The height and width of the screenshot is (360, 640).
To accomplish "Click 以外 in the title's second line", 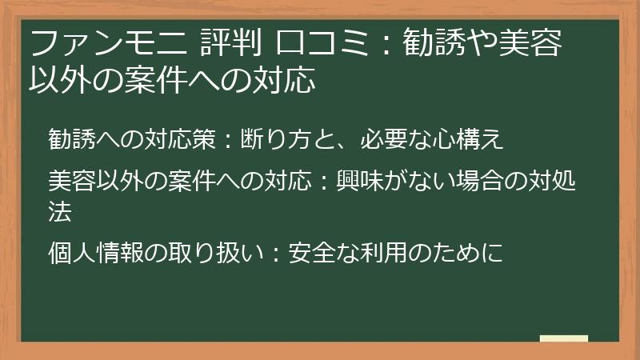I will tap(60, 79).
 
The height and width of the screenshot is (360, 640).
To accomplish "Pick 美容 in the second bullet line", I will tap(70, 182).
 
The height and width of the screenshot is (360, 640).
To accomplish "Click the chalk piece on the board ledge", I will tap(563, 339).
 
